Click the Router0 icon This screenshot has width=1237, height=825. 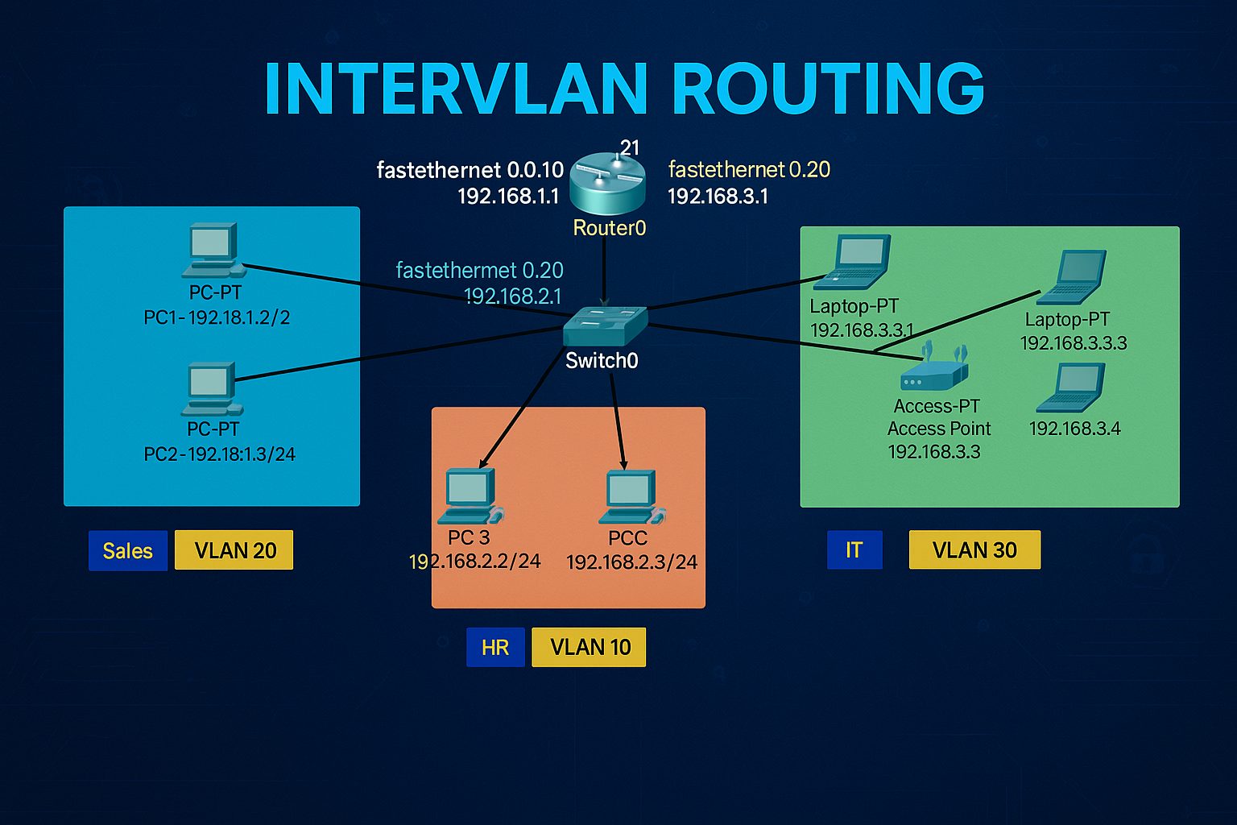click(x=607, y=184)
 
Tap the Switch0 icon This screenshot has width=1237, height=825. click(x=605, y=325)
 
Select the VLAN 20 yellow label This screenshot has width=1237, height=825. click(x=234, y=550)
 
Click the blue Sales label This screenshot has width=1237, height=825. click(x=128, y=550)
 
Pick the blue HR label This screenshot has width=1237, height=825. click(x=495, y=647)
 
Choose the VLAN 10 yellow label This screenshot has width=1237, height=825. click(x=589, y=647)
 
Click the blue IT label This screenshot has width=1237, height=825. click(x=854, y=549)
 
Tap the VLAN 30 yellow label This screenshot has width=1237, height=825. click(x=974, y=549)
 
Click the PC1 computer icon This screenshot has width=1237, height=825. click(x=213, y=250)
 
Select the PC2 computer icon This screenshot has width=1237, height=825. click(x=212, y=388)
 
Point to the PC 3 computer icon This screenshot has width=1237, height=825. click(x=473, y=495)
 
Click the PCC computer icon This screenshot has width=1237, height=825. click(x=632, y=496)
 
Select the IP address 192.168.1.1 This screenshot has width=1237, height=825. click(x=508, y=196)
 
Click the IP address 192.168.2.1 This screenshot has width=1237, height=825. click(x=513, y=296)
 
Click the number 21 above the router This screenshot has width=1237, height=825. click(x=630, y=147)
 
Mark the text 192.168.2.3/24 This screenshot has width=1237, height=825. click(x=631, y=562)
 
